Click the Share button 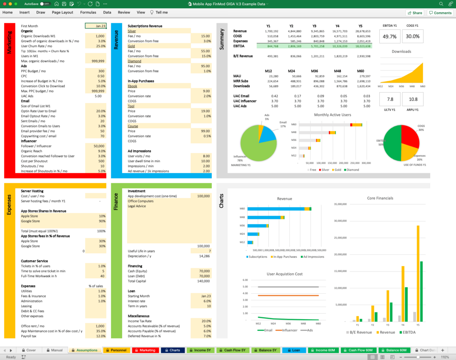pos(415,13)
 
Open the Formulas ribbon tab pos(88,12)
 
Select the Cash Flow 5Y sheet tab pos(235,350)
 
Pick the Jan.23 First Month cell pos(96,26)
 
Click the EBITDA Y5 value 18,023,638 pos(362,46)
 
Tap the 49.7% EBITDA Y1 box pos(390,36)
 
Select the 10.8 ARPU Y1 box pos(412,99)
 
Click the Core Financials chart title pos(380,198)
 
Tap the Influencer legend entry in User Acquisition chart pos(288,330)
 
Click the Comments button pos(440,13)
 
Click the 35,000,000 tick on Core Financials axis pos(340,204)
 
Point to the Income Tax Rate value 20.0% pos(203,321)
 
